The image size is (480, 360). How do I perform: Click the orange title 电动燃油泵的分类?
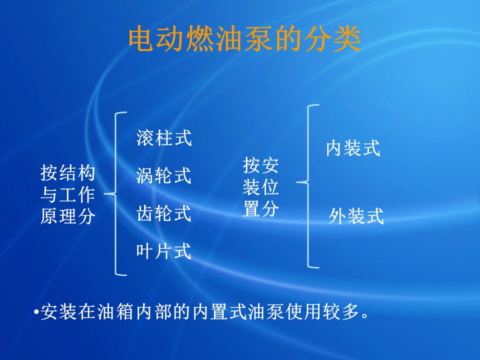[x=245, y=39]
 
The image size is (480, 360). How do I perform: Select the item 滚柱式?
[x=164, y=138]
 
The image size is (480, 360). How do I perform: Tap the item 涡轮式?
[x=164, y=175]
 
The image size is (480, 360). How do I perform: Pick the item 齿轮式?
[x=164, y=213]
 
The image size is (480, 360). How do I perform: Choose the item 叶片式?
[x=164, y=251]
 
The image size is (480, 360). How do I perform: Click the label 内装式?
[x=353, y=148]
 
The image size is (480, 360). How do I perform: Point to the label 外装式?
[x=356, y=216]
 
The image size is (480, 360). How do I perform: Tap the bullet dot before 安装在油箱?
[x=36, y=312]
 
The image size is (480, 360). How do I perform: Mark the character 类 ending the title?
[x=347, y=39]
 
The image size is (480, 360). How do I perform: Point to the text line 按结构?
[x=67, y=173]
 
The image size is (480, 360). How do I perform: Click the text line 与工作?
[x=67, y=194]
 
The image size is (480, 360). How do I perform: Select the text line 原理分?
[x=67, y=216]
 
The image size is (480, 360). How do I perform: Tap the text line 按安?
[x=260, y=165]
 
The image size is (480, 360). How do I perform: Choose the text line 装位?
[x=260, y=187]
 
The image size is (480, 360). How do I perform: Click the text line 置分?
[x=260, y=209]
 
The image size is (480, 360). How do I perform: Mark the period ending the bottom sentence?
[x=364, y=316]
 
